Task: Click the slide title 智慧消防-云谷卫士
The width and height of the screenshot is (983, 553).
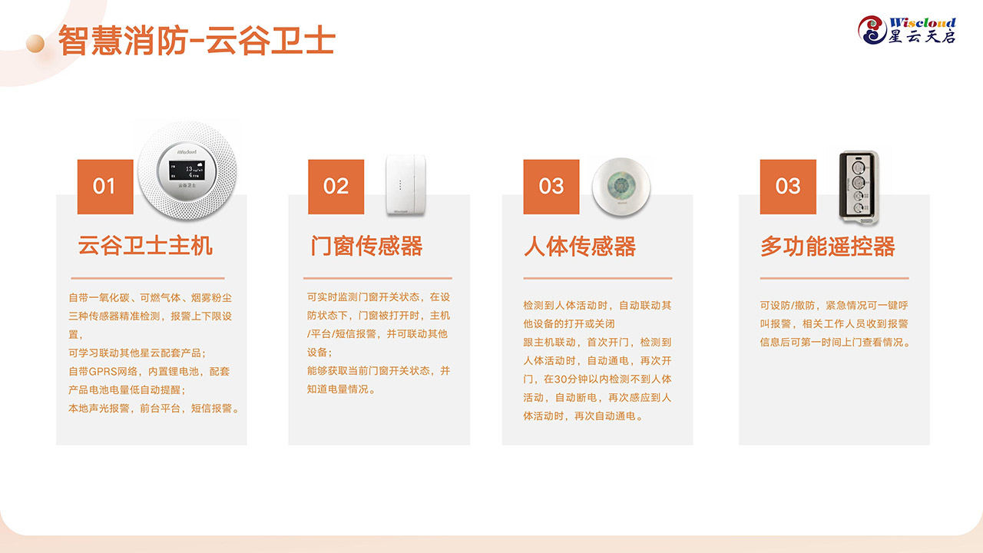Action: tap(197, 41)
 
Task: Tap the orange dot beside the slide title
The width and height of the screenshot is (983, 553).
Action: tap(35, 44)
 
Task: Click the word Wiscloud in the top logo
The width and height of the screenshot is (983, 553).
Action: tap(922, 22)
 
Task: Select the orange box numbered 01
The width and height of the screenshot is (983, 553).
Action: tap(105, 187)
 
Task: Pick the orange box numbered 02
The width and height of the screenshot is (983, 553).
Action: tap(336, 187)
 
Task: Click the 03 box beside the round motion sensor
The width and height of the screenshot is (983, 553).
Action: tap(551, 187)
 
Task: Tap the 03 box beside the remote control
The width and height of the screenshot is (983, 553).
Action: tap(788, 187)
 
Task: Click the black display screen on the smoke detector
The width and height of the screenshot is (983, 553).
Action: tap(187, 171)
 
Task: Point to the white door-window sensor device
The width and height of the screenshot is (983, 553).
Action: tap(406, 185)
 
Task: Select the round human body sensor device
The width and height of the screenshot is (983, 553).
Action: tap(621, 187)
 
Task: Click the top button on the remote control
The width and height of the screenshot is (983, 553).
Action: tap(858, 167)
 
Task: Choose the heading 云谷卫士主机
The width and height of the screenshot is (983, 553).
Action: tap(145, 245)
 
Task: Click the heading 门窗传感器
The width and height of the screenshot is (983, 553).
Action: tap(366, 246)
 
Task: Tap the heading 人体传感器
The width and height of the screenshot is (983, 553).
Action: tap(580, 247)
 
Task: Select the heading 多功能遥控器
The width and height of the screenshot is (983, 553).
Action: tap(828, 247)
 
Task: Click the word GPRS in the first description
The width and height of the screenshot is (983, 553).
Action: tap(102, 372)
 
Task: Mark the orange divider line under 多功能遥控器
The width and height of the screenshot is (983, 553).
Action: tap(834, 278)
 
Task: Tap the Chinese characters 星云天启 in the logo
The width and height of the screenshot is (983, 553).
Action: tap(922, 37)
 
